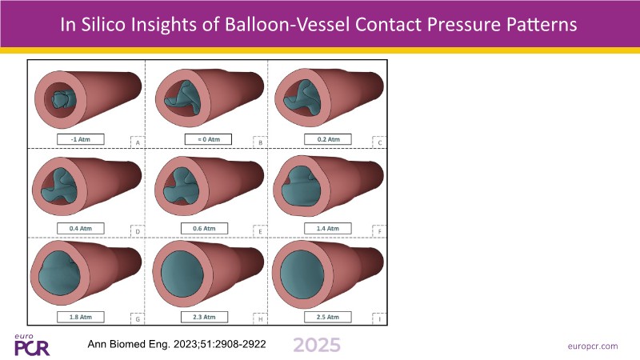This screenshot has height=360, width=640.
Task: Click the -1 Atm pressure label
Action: point(81,139)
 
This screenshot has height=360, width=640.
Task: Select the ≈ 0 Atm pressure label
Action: point(208,139)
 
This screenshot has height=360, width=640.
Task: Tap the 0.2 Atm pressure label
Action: point(328,139)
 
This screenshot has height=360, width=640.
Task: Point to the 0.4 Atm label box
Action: point(81,228)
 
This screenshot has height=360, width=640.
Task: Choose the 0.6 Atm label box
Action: point(204,228)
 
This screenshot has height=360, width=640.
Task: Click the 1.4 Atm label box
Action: point(328,228)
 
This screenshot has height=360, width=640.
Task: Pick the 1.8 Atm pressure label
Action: point(81,317)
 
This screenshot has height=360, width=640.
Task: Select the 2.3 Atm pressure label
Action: point(204,317)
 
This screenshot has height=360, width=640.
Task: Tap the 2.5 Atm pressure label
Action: point(328,317)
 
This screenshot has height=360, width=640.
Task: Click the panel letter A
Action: point(138,143)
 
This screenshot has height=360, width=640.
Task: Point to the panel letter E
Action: point(261,232)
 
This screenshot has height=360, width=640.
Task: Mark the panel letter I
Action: point(379,319)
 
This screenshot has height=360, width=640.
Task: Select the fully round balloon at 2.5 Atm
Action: point(302,274)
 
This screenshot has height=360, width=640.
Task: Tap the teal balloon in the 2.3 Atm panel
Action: point(182,274)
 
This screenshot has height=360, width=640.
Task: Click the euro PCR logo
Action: point(31,346)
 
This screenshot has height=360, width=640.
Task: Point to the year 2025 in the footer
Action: point(317,346)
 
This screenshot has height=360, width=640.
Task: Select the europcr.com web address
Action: point(593,346)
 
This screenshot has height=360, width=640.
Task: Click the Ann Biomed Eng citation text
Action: point(177,344)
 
